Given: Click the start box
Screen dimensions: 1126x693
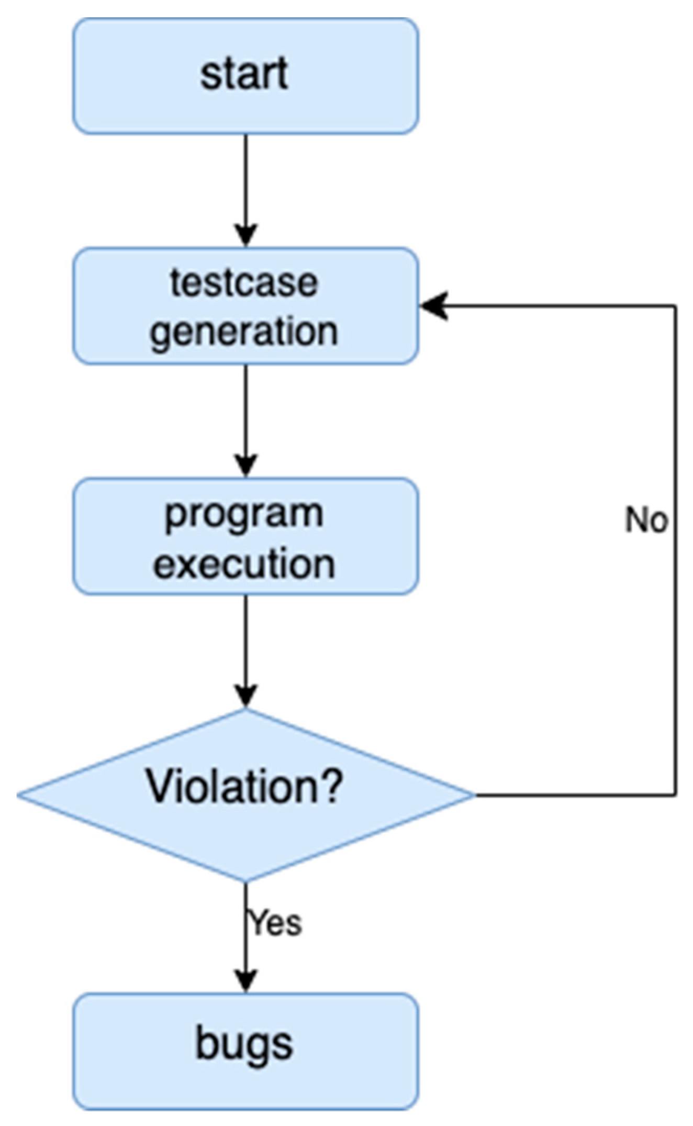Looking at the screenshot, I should coord(245,76).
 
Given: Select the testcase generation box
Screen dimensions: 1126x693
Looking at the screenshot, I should coord(245,306).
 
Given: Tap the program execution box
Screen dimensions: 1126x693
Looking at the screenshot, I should coord(245,536).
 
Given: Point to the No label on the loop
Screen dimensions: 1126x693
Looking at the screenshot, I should coord(646,521).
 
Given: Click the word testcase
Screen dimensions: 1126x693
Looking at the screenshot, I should coord(244,283).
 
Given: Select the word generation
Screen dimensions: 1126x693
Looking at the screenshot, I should coord(244,332).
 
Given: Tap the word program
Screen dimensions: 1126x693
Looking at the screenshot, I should coord(244,514).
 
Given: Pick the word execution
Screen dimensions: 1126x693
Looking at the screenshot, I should coord(244,564).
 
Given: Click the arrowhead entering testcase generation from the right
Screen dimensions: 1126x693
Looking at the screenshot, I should coord(433,306).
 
